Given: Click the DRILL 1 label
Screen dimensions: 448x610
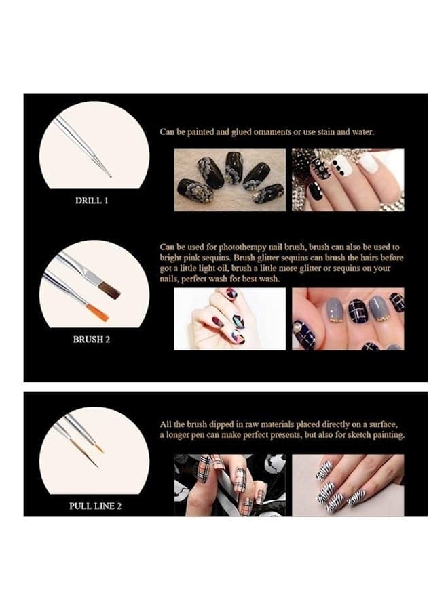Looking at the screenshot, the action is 92,201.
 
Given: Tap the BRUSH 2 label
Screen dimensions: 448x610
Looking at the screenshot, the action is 92,340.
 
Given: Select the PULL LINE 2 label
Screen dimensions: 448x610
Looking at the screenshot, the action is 95,506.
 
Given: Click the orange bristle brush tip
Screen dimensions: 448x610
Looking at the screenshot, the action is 97,312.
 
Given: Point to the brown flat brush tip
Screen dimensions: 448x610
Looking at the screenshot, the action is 109,291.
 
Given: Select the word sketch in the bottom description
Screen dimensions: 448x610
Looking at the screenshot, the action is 360,435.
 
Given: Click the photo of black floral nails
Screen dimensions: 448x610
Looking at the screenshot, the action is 229,180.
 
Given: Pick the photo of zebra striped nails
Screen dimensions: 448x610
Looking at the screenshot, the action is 348,485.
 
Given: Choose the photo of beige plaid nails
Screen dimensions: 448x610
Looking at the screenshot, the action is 229,485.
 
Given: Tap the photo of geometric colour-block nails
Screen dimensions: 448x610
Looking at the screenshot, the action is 229,319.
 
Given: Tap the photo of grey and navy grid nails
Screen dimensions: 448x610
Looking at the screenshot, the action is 348,319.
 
